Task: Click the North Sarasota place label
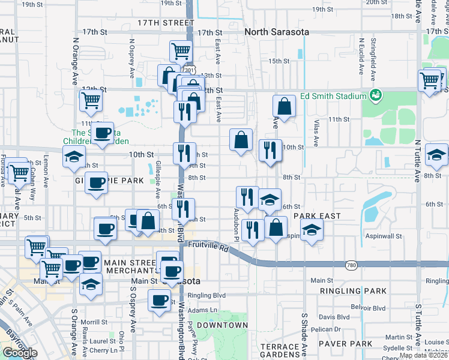pyautogui.click(x=277, y=32)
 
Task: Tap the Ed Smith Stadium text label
pyautogui.click(x=333, y=96)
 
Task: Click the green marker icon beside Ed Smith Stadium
pyautogui.click(x=376, y=95)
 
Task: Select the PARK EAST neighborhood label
pyautogui.click(x=317, y=216)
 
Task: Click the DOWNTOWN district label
pyautogui.click(x=222, y=325)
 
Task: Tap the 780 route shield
pyautogui.click(x=352, y=264)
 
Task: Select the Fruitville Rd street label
pyautogui.click(x=208, y=246)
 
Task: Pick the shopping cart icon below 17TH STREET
pyautogui.click(x=180, y=52)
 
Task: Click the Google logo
pyautogui.click(x=19, y=353)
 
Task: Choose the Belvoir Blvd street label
pyautogui.click(x=369, y=308)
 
